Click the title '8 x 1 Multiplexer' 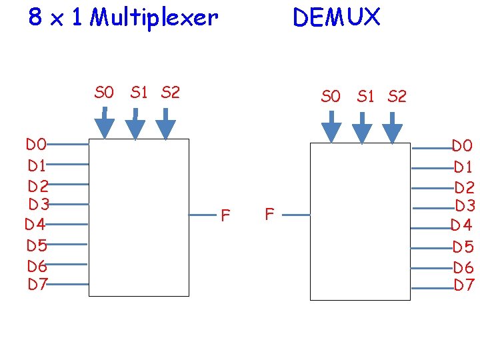[123, 18]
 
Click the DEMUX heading [336, 18]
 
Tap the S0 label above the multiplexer [104, 93]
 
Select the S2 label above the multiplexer [171, 93]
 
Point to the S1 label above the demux [365, 97]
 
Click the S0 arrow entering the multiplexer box [104, 125]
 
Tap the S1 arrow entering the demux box [362, 129]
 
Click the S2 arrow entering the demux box [393, 129]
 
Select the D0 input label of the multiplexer [36, 144]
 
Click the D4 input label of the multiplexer [35, 224]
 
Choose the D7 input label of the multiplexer [37, 284]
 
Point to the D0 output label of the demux [462, 145]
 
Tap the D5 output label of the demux [463, 247]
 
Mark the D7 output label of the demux [464, 285]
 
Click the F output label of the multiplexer [225, 215]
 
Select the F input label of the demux [269, 214]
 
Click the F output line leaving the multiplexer [202, 215]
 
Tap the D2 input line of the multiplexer [68, 184]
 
